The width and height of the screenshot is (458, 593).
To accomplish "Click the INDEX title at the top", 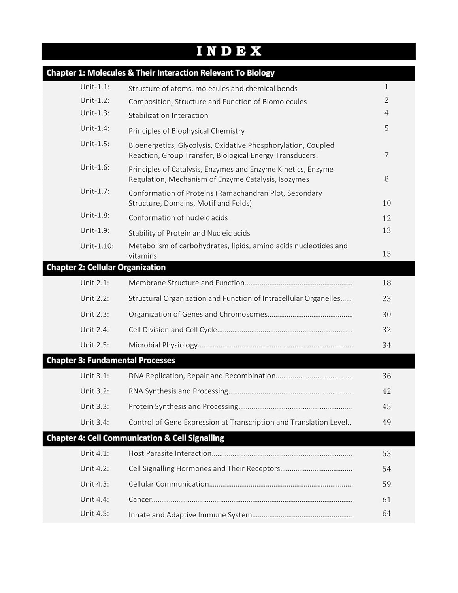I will tap(229, 51).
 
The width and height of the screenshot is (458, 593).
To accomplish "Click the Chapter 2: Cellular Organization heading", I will tap(106, 268).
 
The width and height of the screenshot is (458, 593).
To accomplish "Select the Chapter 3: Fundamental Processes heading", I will tap(111, 361).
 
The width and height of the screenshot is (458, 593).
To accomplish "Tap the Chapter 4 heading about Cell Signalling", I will tap(135, 438).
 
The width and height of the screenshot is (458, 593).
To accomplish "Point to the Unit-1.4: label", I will tap(95, 128).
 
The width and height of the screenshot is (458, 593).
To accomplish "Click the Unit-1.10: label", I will tap(97, 246).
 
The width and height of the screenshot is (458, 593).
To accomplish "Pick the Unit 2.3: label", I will tap(94, 315).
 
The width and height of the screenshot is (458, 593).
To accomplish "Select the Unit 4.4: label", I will tap(94, 500).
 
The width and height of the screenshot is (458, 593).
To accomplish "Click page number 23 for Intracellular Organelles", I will tap(386, 299).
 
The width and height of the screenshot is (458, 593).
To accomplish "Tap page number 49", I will tap(386, 423).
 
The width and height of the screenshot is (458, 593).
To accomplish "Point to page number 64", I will tap(386, 514).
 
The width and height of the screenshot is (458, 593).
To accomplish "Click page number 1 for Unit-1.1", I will tap(386, 87).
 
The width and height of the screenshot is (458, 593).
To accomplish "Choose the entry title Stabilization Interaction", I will tap(168, 116).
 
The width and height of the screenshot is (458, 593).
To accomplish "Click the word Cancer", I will tap(140, 500).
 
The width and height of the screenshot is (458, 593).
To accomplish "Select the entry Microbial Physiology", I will tap(163, 345).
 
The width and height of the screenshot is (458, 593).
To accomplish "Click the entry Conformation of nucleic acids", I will tap(178, 218).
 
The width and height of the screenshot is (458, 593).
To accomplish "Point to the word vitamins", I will tap(142, 256).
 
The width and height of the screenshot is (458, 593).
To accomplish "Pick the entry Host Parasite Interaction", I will tap(170, 454).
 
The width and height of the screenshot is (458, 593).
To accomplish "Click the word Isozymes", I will tap(294, 179).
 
